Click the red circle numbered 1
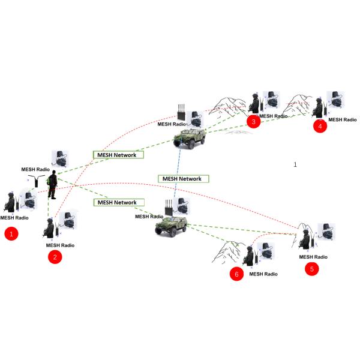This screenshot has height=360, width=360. click(11, 234)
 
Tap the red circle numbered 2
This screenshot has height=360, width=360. click(55, 257)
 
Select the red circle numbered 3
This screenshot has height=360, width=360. click(254, 122)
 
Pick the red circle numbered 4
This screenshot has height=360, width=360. click(320, 126)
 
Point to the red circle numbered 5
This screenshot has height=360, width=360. click(312, 269)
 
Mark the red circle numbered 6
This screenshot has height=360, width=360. click(236, 274)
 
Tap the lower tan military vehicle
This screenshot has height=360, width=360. click(171, 225)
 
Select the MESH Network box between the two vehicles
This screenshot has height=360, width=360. click(183, 179)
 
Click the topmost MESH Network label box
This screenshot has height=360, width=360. click(119, 155)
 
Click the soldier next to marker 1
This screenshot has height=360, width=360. click(13, 204)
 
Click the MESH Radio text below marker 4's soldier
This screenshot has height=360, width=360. click(343, 119)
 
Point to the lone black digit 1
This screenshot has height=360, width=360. click(295, 164)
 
